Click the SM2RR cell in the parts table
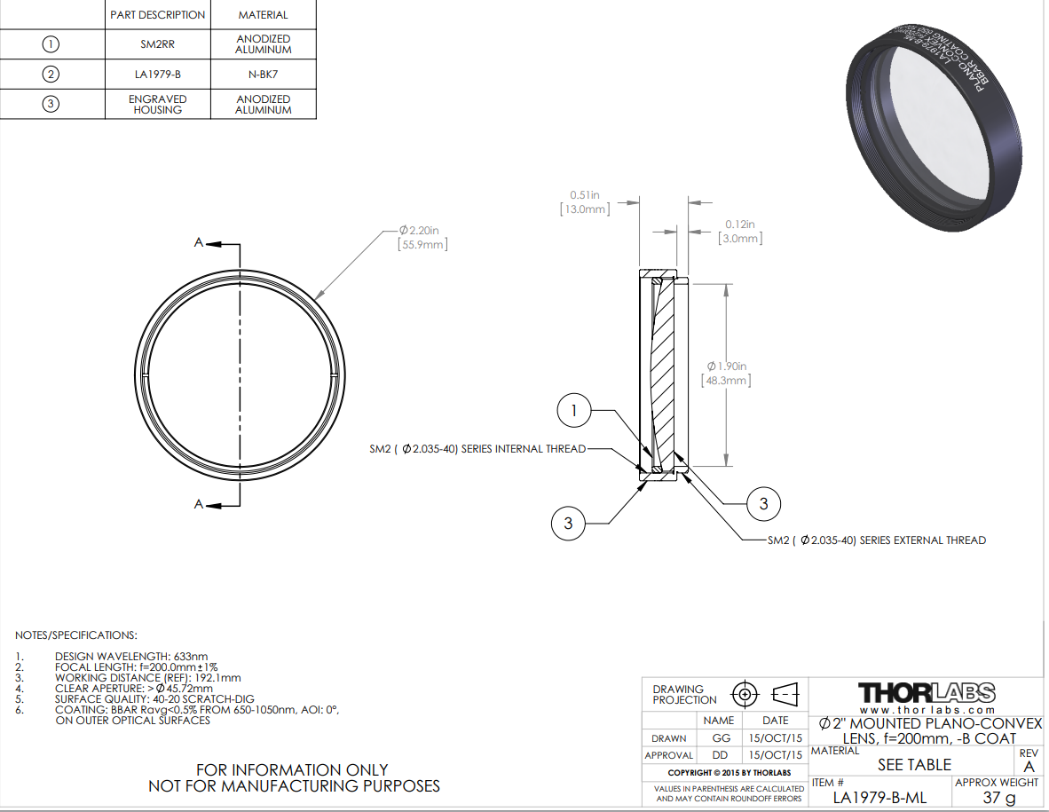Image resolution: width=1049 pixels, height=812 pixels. [158, 44]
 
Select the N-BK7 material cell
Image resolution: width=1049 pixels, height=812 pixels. [264, 75]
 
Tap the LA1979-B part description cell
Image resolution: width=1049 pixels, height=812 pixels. [158, 75]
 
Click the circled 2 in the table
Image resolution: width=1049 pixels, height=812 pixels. [51, 75]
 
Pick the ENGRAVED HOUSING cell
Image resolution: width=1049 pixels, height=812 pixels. [158, 105]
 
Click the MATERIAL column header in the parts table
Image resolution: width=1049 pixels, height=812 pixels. [264, 15]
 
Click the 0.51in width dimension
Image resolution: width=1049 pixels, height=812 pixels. [586, 195]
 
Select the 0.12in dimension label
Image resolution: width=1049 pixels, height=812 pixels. [739, 225]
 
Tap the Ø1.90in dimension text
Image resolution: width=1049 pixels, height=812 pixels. [727, 367]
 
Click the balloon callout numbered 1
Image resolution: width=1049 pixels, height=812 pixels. [574, 410]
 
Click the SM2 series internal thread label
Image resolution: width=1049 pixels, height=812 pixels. [477, 449]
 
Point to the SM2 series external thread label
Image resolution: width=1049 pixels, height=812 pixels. [877, 540]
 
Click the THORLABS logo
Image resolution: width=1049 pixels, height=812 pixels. [927, 692]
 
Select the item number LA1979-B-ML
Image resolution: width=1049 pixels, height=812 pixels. [879, 798]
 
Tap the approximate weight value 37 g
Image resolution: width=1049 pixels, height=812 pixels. [999, 798]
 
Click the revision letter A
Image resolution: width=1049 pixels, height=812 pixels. [1029, 766]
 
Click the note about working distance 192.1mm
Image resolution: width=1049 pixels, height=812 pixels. [148, 677]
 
